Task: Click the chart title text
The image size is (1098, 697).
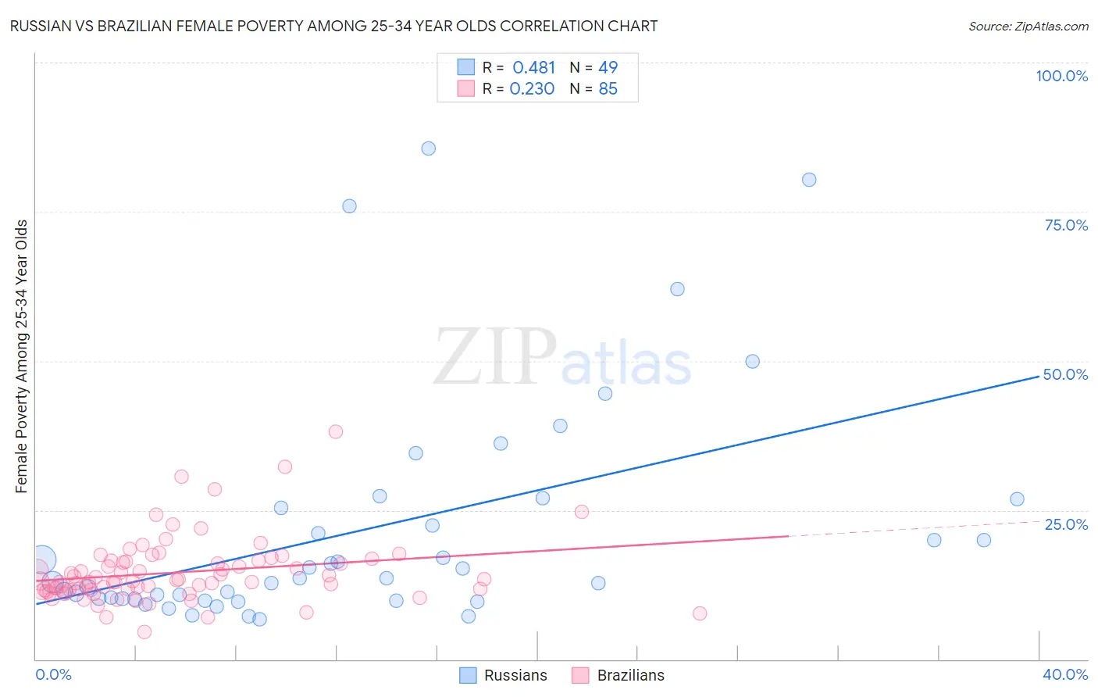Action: pyautogui.click(x=333, y=26)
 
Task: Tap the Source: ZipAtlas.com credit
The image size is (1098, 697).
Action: pyautogui.click(x=1028, y=26)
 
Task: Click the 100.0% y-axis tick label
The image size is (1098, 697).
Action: pyautogui.click(x=1061, y=76)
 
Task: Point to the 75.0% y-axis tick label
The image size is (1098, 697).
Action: pyautogui.click(x=1065, y=225)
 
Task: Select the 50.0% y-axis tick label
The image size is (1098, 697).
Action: pyautogui.click(x=1065, y=374)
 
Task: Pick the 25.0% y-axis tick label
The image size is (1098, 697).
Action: pyautogui.click(x=1065, y=524)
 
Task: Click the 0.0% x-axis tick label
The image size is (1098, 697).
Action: pyautogui.click(x=53, y=674)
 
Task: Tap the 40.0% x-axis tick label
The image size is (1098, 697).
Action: pyautogui.click(x=1064, y=674)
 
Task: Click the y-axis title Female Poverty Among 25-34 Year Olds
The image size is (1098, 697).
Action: pyautogui.click(x=21, y=356)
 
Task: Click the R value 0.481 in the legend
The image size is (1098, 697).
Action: pyautogui.click(x=533, y=68)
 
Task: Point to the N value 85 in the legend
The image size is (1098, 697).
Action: pyautogui.click(x=608, y=89)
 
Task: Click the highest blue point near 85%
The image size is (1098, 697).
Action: pyautogui.click(x=428, y=148)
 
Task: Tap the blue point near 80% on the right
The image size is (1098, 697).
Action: pyautogui.click(x=809, y=180)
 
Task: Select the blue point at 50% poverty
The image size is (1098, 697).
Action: pyautogui.click(x=752, y=361)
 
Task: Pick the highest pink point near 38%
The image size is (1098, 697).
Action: pyautogui.click(x=336, y=431)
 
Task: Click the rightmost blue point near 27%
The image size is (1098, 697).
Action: pyautogui.click(x=1017, y=499)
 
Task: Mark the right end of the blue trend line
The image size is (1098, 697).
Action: pyautogui.click(x=1039, y=376)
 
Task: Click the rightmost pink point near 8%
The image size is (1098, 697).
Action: pyautogui.click(x=700, y=613)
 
